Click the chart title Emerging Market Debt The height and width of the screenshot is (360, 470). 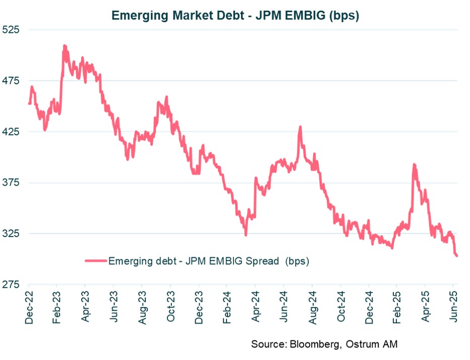(x=235, y=15)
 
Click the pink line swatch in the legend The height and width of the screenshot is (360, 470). (x=96, y=261)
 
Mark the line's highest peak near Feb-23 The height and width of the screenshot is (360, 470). (x=64, y=46)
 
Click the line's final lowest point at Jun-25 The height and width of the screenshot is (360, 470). (x=456, y=256)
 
